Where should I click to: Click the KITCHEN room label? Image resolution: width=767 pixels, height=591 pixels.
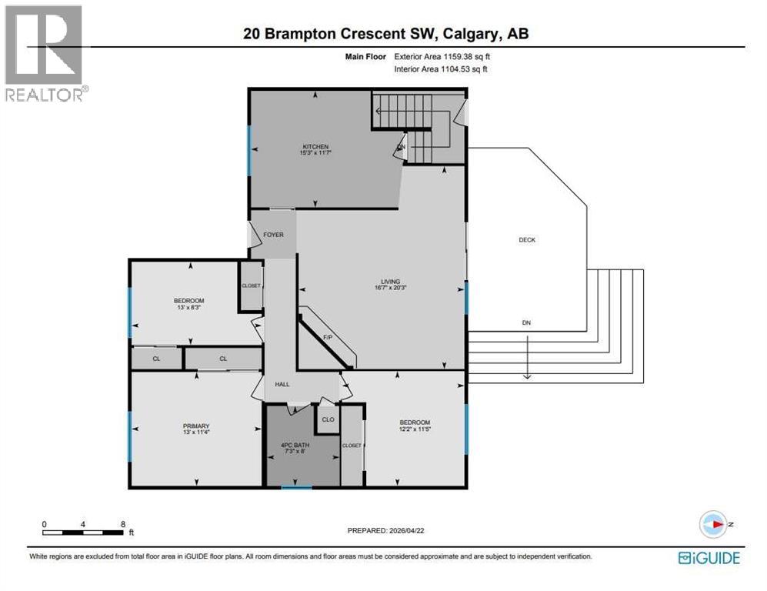click(315, 146)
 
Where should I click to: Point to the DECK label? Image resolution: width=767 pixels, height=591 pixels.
click(526, 240)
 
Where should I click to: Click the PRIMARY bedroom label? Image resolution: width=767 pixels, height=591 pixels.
click(196, 426)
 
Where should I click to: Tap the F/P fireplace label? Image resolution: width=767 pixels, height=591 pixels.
click(326, 337)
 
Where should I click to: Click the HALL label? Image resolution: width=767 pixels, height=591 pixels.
click(282, 383)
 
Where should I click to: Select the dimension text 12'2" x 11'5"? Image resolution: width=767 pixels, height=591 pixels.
click(414, 430)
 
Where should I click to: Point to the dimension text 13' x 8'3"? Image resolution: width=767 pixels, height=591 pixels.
click(188, 308)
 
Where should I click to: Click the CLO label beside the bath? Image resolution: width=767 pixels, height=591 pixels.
click(328, 419)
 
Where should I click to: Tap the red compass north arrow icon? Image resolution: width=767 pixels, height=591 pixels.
click(714, 525)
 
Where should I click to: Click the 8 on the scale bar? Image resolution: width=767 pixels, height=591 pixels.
click(123, 524)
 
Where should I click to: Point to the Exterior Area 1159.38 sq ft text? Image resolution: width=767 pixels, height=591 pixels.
click(441, 56)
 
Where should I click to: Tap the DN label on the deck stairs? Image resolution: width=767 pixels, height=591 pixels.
click(526, 323)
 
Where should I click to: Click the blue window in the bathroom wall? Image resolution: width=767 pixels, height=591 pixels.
click(296, 487)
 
